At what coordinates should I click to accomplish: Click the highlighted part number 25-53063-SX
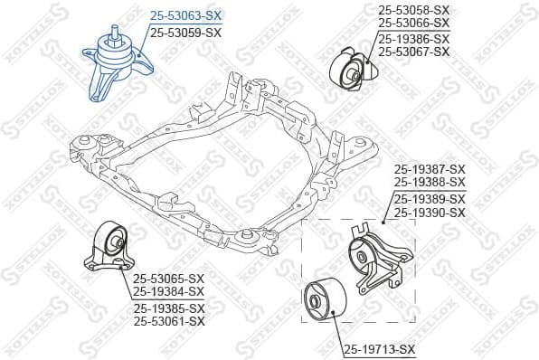click(x=185, y=16)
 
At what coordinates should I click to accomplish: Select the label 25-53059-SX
click(x=185, y=32)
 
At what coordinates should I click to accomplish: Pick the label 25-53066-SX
click(x=412, y=22)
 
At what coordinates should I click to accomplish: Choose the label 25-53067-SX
click(x=412, y=52)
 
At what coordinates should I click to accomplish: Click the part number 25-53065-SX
click(x=169, y=279)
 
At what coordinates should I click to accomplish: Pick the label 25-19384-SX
click(x=169, y=291)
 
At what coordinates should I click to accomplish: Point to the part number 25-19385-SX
click(x=169, y=308)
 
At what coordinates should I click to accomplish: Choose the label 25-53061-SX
click(x=169, y=320)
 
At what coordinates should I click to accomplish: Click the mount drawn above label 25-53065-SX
click(x=110, y=249)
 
